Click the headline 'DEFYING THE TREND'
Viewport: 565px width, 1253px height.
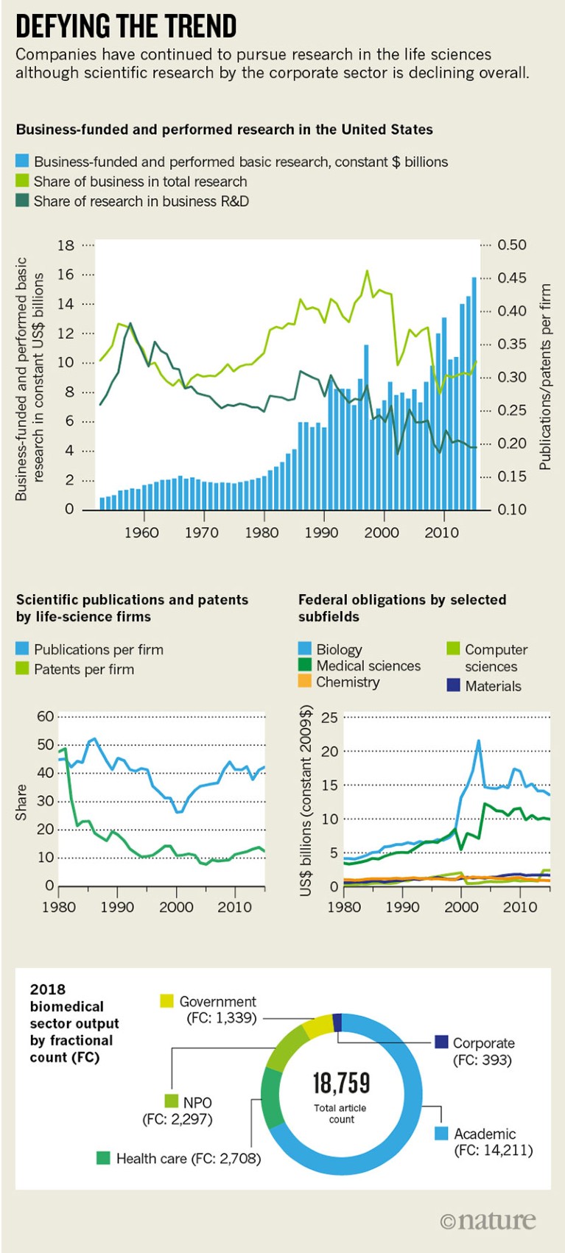(x=126, y=27)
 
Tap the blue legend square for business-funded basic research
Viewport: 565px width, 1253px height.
(x=23, y=161)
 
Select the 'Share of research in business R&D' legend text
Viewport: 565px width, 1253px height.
(x=141, y=201)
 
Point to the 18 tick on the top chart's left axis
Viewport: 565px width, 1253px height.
(x=66, y=245)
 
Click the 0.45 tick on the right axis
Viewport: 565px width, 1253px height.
(x=512, y=278)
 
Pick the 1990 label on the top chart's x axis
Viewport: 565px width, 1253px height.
(x=321, y=532)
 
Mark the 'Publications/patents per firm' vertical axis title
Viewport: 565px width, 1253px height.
(x=545, y=377)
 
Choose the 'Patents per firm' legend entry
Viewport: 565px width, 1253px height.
(x=83, y=669)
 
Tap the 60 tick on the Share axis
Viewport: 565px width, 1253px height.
(x=46, y=716)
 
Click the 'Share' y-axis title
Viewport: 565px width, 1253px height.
(x=21, y=802)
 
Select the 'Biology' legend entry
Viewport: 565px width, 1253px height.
(x=339, y=649)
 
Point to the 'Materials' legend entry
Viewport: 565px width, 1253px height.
(x=492, y=686)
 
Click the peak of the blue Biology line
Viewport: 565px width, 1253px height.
(x=479, y=741)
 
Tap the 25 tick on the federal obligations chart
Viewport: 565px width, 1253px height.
(x=329, y=718)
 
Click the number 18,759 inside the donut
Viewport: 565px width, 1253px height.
(x=341, y=1083)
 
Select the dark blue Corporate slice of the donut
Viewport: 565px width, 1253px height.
(x=337, y=1022)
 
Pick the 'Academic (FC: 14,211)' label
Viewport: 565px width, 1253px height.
(x=492, y=1142)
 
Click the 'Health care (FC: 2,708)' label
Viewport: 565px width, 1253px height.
(x=188, y=1158)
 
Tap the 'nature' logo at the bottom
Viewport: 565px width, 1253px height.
(x=488, y=1220)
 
